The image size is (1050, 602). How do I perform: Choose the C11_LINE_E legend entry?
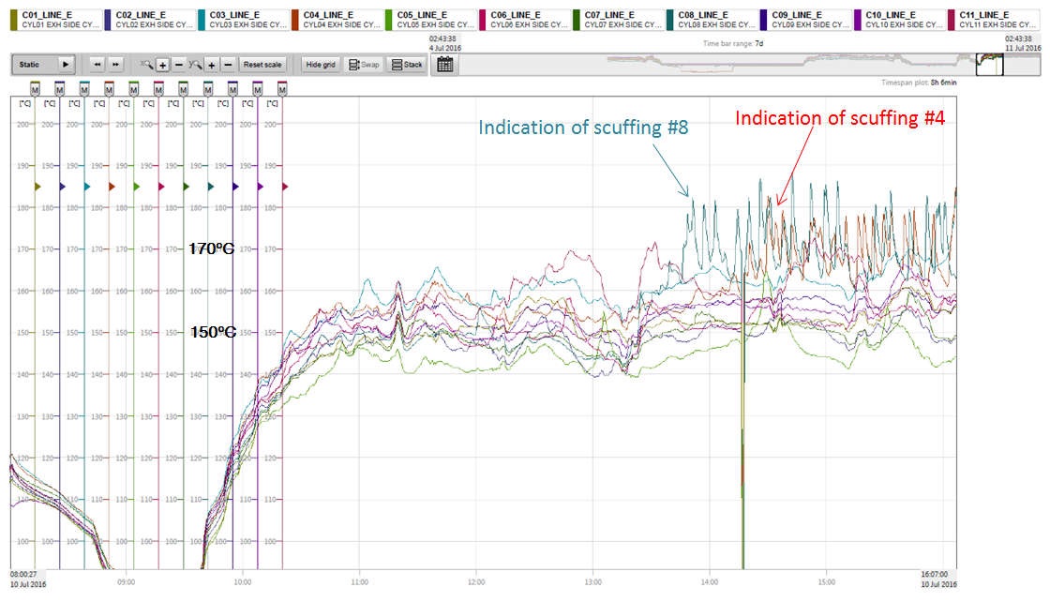(994, 20)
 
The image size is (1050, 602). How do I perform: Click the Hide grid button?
(321, 65)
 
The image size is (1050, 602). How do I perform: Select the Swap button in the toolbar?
(364, 65)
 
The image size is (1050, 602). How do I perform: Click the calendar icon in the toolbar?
(445, 65)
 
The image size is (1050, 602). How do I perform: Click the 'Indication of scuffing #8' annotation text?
(583, 128)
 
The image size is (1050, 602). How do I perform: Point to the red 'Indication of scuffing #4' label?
(839, 119)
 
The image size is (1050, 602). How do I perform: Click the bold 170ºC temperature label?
(212, 249)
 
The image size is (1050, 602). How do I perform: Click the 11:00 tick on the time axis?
(359, 581)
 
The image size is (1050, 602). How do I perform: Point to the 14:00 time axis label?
(709, 581)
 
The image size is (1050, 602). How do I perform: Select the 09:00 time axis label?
(126, 581)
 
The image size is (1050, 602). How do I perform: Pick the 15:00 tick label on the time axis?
(825, 581)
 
